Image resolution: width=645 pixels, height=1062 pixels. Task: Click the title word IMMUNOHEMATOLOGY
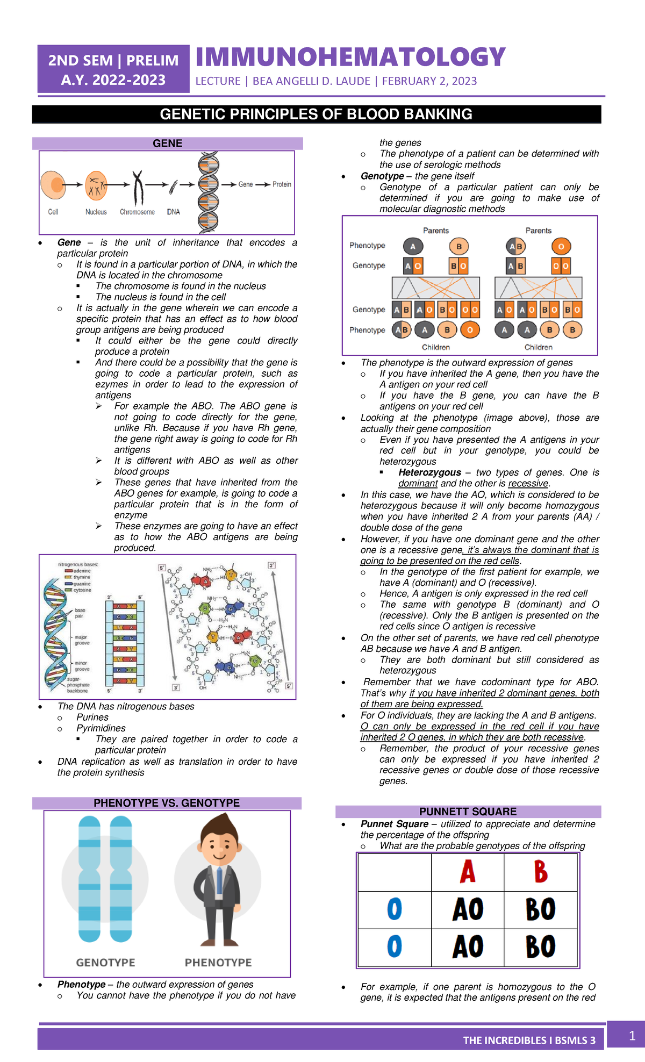coord(350,58)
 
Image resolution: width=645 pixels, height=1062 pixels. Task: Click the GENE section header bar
coord(167,143)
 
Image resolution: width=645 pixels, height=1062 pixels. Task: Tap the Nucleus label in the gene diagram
coord(96,212)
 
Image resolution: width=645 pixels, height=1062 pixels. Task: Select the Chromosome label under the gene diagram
coord(137,212)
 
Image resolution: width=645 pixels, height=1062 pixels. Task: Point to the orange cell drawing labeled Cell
coord(53,185)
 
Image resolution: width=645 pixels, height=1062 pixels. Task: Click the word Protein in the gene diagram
coord(282,184)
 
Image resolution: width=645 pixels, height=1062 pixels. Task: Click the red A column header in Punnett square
coord(468,872)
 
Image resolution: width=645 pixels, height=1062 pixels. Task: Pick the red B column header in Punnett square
coord(541,872)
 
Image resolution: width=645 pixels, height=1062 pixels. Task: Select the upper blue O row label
coord(395,909)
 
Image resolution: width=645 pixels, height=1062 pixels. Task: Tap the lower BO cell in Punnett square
coord(541,946)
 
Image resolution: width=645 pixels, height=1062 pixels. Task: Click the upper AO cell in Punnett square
coord(468,909)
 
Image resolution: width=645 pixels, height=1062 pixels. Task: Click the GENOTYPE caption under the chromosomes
coord(105,963)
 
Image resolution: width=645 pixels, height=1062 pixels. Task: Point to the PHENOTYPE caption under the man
coord(218,963)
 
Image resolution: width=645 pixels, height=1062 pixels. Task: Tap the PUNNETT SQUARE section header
coord(468,812)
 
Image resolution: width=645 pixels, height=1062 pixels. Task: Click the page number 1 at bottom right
coord(633,1036)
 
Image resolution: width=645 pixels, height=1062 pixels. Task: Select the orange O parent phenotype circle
coord(561,247)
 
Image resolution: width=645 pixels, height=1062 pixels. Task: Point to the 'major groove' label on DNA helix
coord(82,640)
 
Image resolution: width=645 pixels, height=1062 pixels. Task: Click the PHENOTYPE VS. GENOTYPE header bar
coord(167,803)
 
